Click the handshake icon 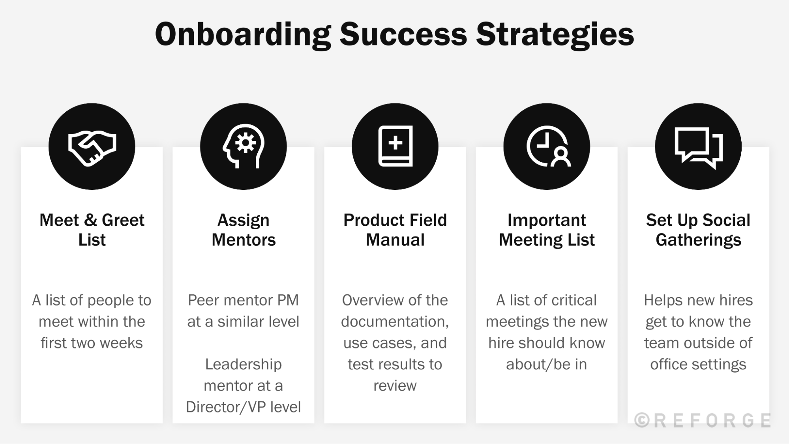pyautogui.click(x=92, y=147)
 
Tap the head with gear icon pyautogui.click(x=244, y=146)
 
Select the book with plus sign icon pyautogui.click(x=395, y=146)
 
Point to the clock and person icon pyautogui.click(x=547, y=146)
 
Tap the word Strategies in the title pyautogui.click(x=555, y=35)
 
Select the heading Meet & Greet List pyautogui.click(x=92, y=230)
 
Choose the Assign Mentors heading pyautogui.click(x=244, y=230)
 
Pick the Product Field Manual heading pyautogui.click(x=395, y=230)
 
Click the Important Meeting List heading pyautogui.click(x=547, y=230)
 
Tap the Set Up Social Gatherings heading pyautogui.click(x=698, y=230)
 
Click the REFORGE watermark pyautogui.click(x=703, y=420)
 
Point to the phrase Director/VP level pyautogui.click(x=244, y=407)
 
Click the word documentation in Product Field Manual pyautogui.click(x=395, y=322)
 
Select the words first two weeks pyautogui.click(x=92, y=343)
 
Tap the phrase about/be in pyautogui.click(x=547, y=364)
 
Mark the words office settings pyautogui.click(x=698, y=364)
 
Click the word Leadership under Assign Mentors pyautogui.click(x=244, y=364)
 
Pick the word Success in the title pyautogui.click(x=403, y=35)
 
